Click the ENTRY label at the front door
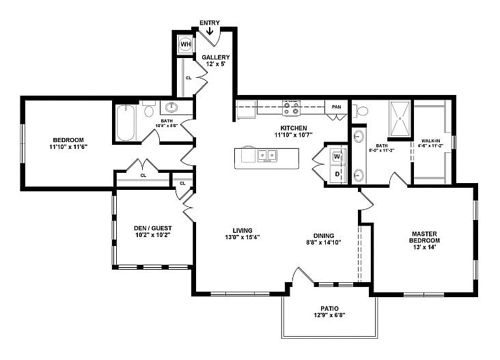[210, 23]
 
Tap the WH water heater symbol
[185, 45]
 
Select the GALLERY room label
[215, 57]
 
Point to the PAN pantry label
[336, 107]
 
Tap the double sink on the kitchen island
[266, 156]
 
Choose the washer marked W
[337, 156]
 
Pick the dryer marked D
[337, 175]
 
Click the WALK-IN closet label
[430, 139]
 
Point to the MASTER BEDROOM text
[425, 237]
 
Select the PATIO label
[330, 308]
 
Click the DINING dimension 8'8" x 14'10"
[323, 242]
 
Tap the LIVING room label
[242, 230]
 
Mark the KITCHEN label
[294, 128]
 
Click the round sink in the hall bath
[171, 107]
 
